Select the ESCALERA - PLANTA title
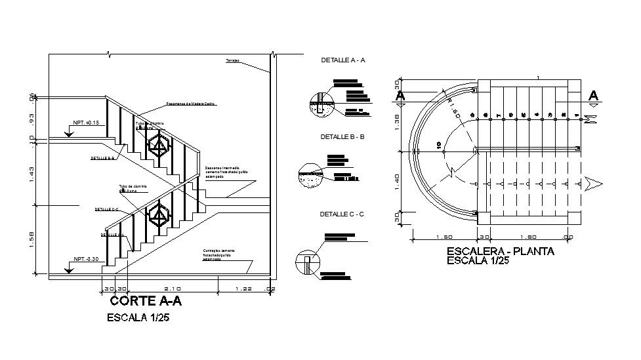pyautogui.click(x=500, y=251)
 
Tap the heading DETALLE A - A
pyautogui.click(x=342, y=60)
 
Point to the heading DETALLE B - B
pyautogui.click(x=342, y=137)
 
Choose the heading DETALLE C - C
pyautogui.click(x=342, y=214)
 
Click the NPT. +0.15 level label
pyautogui.click(x=86, y=123)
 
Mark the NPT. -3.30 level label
pyautogui.click(x=86, y=259)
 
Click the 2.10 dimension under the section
pyautogui.click(x=173, y=288)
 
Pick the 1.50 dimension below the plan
pyautogui.click(x=444, y=237)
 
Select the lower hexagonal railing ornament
pyautogui.click(x=157, y=214)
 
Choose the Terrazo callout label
pyautogui.click(x=232, y=60)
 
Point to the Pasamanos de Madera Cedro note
pyautogui.click(x=191, y=104)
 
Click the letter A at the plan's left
pyautogui.click(x=399, y=96)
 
